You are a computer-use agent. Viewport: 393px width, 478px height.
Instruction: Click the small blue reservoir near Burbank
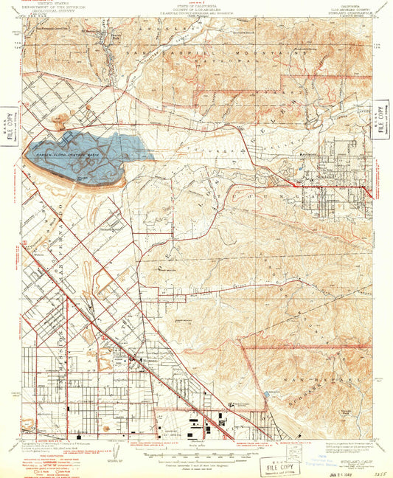[265, 397]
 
